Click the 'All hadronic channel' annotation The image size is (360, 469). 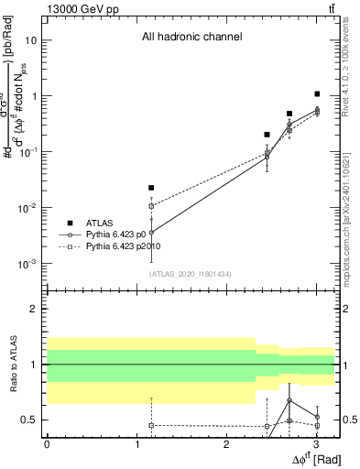pyautogui.click(x=191, y=38)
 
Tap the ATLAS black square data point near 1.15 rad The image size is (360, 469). pyautogui.click(x=151, y=188)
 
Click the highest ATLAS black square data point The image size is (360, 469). pyautogui.click(x=317, y=93)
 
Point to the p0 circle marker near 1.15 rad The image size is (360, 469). pyautogui.click(x=151, y=233)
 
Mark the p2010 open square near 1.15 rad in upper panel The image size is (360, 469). pyautogui.click(x=151, y=206)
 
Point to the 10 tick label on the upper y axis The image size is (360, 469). pyautogui.click(x=33, y=40)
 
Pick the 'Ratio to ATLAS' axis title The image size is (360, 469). pyautogui.click(x=13, y=365)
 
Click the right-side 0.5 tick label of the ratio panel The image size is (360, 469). pyautogui.click(x=350, y=420)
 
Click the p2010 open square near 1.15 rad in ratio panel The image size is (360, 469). pyautogui.click(x=151, y=425)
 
